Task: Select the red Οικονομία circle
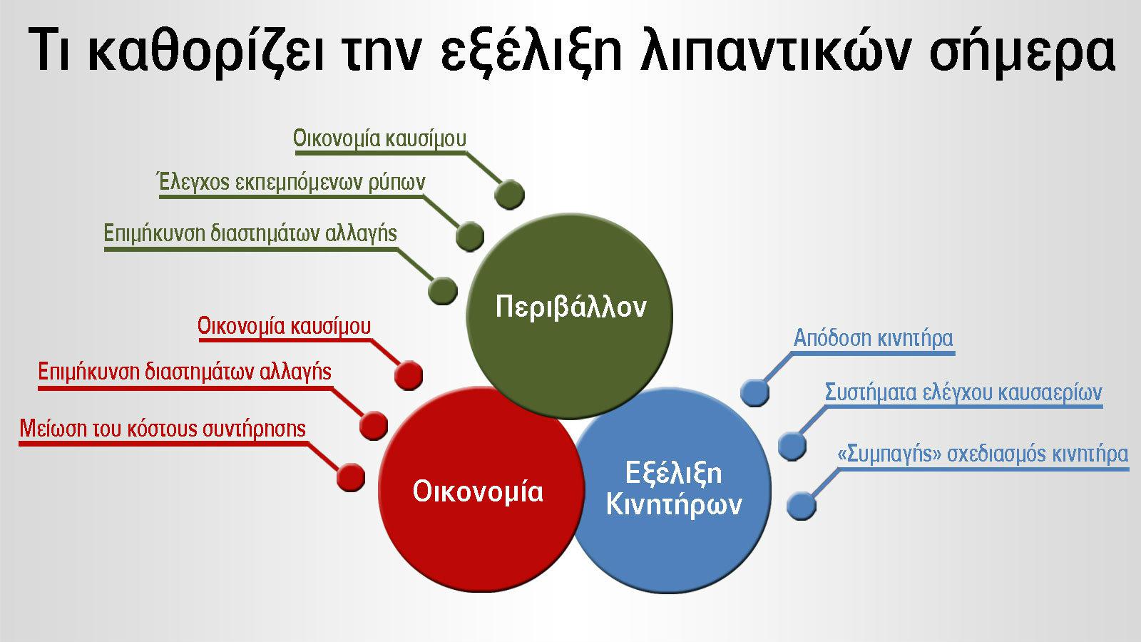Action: coord(479,491)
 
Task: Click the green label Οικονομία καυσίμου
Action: coord(379,138)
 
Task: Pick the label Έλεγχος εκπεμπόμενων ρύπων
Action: coord(291,183)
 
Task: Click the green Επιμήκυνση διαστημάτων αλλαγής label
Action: coord(250,234)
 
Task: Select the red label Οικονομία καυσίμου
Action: coord(284,327)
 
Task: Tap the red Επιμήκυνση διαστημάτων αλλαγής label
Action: coord(185,372)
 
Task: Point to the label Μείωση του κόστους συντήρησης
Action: coord(163,429)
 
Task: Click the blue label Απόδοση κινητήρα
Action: coord(873,338)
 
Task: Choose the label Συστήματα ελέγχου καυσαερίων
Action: coord(963,393)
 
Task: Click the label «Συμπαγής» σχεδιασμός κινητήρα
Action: coord(982,454)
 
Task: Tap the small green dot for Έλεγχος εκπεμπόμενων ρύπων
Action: coord(469,237)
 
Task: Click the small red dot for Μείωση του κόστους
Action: coord(350,477)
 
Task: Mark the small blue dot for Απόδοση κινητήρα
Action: coord(755,392)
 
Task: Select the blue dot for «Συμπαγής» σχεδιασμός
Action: coord(802,505)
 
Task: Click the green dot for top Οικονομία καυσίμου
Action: coord(509,194)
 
